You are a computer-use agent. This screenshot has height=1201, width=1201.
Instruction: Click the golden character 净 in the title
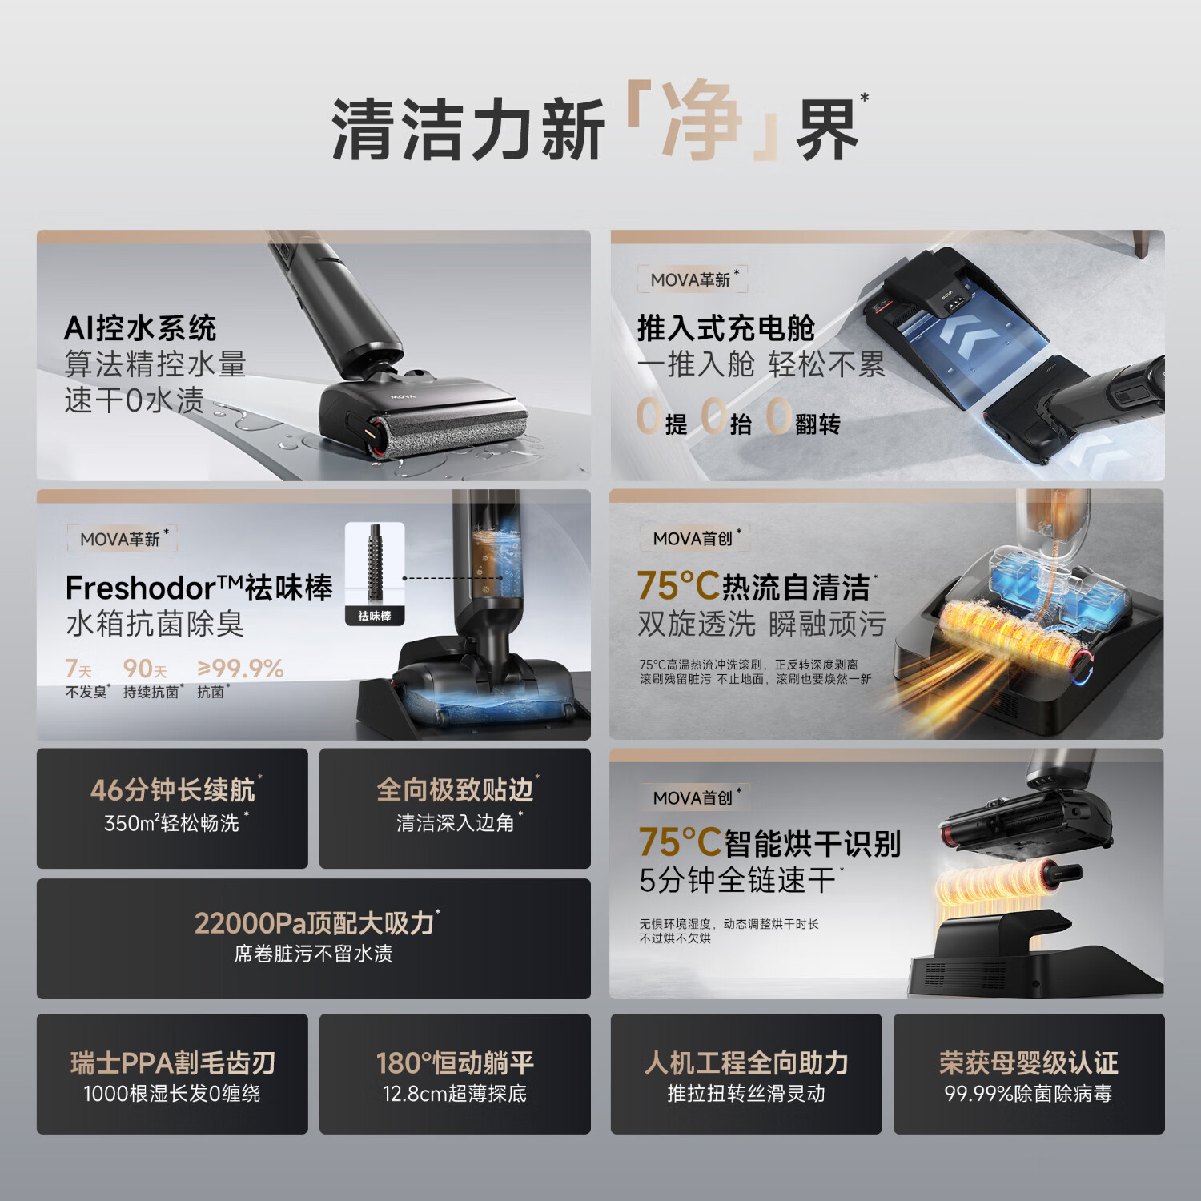pyautogui.click(x=701, y=122)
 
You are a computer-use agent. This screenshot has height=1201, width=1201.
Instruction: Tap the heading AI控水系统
pyautogui.click(x=140, y=328)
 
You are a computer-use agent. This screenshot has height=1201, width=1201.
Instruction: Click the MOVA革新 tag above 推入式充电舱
pyautogui.click(x=692, y=279)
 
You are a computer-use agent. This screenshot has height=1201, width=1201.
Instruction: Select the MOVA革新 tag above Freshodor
pyautogui.click(x=121, y=539)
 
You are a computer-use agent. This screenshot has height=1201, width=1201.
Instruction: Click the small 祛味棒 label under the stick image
pyautogui.click(x=375, y=616)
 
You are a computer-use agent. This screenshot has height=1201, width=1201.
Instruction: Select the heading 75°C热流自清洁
pyautogui.click(x=753, y=587)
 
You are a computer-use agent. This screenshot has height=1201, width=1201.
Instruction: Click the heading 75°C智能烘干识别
pyautogui.click(x=769, y=843)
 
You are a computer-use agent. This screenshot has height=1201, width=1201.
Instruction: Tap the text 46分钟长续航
pyautogui.click(x=172, y=790)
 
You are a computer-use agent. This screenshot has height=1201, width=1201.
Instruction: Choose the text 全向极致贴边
pyautogui.click(x=455, y=790)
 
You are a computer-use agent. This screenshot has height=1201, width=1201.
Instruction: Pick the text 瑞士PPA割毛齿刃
pyautogui.click(x=172, y=1063)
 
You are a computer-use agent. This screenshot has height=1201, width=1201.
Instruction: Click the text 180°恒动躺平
pyautogui.click(x=455, y=1063)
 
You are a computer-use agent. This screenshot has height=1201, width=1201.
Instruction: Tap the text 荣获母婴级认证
pyautogui.click(x=1028, y=1063)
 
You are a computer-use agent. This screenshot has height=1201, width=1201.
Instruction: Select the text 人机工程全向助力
pyautogui.click(x=746, y=1063)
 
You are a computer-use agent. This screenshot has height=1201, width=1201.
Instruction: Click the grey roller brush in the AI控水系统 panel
pyautogui.click(x=452, y=432)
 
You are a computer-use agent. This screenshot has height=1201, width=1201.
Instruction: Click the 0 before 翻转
pyautogui.click(x=778, y=417)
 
